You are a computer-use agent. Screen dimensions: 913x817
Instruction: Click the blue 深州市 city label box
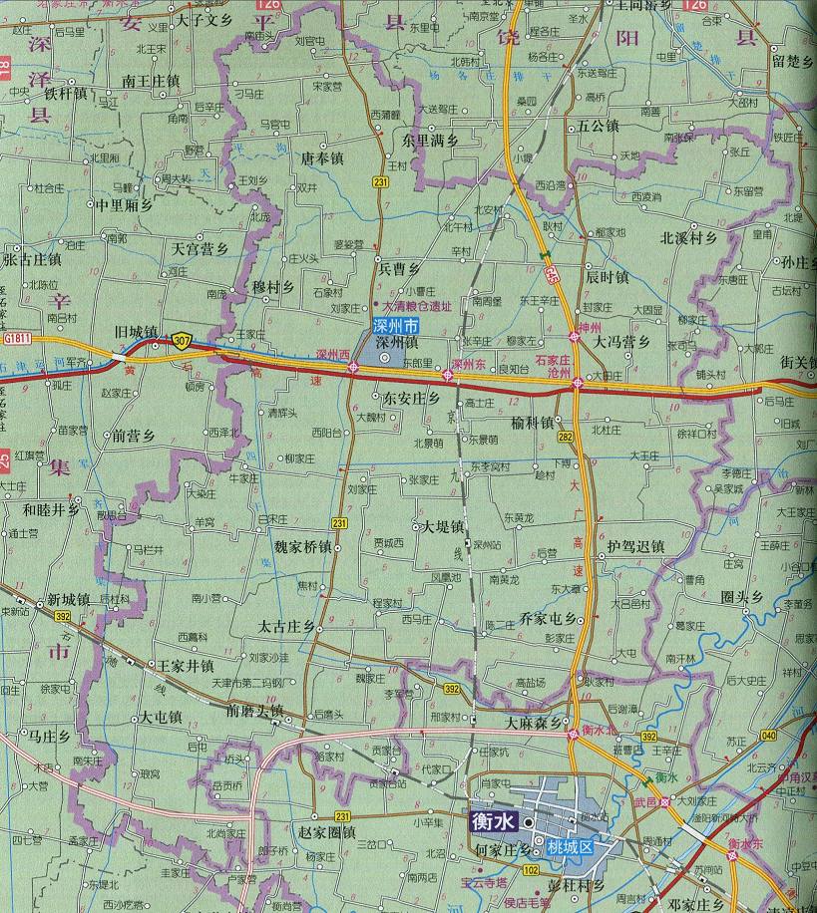(x=396, y=326)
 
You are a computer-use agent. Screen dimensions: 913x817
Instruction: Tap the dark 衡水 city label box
(x=494, y=823)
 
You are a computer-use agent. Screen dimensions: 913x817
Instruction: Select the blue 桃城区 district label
(x=570, y=847)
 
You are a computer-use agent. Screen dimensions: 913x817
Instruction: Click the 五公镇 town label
(x=598, y=127)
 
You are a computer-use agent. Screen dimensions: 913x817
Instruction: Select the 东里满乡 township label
(x=430, y=141)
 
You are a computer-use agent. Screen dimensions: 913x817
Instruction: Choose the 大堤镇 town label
(x=442, y=526)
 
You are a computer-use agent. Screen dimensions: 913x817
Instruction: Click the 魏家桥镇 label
(x=303, y=547)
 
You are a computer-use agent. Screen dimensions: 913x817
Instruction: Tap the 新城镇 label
(x=69, y=600)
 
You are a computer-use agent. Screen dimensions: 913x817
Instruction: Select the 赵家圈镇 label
(x=327, y=830)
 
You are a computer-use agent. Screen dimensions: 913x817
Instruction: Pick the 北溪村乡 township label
(x=689, y=238)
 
